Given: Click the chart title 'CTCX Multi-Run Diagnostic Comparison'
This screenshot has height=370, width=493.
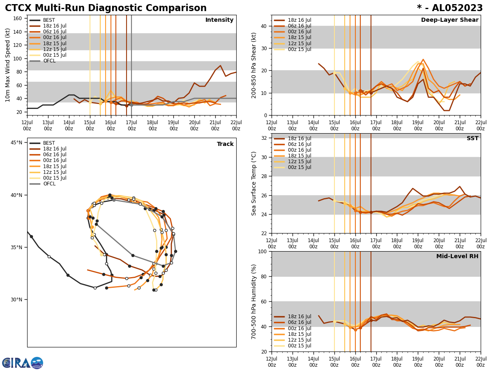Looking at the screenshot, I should pos(106,8).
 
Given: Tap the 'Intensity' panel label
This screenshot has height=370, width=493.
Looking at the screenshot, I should pos(219,20).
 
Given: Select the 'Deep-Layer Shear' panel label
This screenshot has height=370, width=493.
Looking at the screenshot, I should pos(449,20).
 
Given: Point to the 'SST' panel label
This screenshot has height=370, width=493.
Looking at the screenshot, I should pos(472,139).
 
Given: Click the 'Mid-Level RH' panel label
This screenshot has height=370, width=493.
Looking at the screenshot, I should pos(457,257).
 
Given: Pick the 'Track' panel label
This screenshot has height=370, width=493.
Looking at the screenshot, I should pos(225,144).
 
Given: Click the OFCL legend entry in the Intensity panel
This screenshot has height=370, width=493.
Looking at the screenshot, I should pos(49,61).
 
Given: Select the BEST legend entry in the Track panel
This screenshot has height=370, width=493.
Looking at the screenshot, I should pos(49,143).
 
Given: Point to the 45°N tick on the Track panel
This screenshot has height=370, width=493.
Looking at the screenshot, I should pos(16,143).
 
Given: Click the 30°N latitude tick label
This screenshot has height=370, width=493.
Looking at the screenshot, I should pos(16,300).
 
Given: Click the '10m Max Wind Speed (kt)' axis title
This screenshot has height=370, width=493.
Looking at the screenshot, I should pos(8,65).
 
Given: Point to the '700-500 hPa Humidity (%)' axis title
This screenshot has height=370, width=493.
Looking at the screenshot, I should pos(254,301).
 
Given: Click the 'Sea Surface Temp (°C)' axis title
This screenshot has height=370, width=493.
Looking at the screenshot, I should pos(254,183).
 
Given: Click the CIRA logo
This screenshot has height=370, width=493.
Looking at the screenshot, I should pos(22,363).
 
